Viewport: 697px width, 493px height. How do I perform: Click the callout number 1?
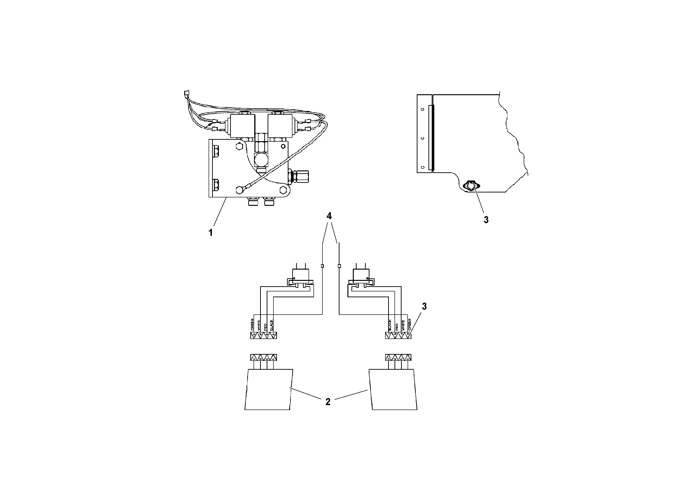tap(210, 233)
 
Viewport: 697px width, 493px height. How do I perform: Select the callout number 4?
tap(329, 216)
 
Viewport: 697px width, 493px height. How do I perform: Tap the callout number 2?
tap(328, 402)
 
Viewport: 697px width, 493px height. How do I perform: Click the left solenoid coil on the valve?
tap(243, 126)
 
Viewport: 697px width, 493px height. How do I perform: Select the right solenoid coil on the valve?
tap(280, 126)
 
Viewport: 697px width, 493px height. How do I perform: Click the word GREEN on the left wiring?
tap(252, 325)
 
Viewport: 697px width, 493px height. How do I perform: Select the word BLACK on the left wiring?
tap(272, 325)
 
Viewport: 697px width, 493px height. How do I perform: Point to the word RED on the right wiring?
tap(396, 327)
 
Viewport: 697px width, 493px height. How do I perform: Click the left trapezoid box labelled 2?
tap(268, 389)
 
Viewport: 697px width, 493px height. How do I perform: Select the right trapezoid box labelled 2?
tap(393, 389)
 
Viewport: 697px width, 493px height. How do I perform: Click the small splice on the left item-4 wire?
tap(322, 266)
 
